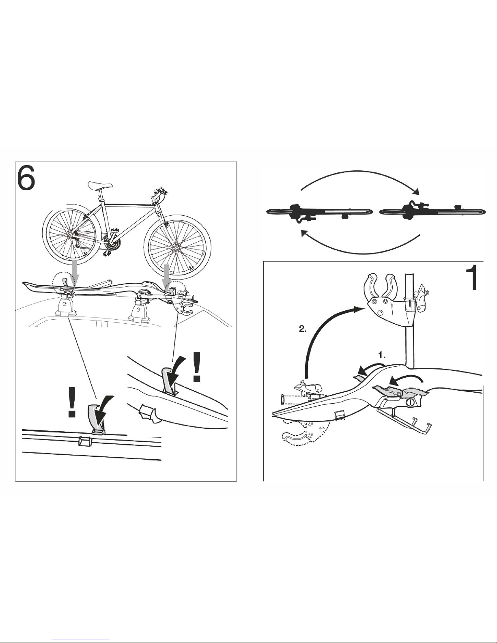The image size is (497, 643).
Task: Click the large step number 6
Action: click(26, 178)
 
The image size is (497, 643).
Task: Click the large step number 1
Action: click(471, 277)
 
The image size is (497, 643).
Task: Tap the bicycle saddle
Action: click(100, 185)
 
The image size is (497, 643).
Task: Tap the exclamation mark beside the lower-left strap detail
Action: click(71, 402)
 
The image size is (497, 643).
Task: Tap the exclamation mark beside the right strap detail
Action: click(196, 367)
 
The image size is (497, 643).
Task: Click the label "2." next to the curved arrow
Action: click(303, 329)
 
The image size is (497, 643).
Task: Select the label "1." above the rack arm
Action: click(382, 355)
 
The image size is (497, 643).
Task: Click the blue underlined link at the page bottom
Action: click(80, 639)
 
